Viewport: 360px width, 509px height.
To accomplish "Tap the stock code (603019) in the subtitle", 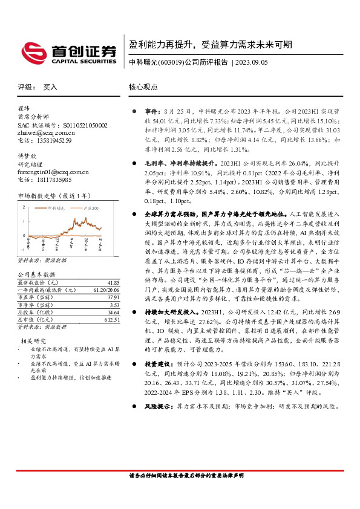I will tap(169, 62).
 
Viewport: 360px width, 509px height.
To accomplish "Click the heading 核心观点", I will tap(143, 87).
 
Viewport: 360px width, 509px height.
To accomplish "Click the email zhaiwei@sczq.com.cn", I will tap(45, 132).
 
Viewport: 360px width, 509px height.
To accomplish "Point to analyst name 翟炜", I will tap(24, 109).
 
